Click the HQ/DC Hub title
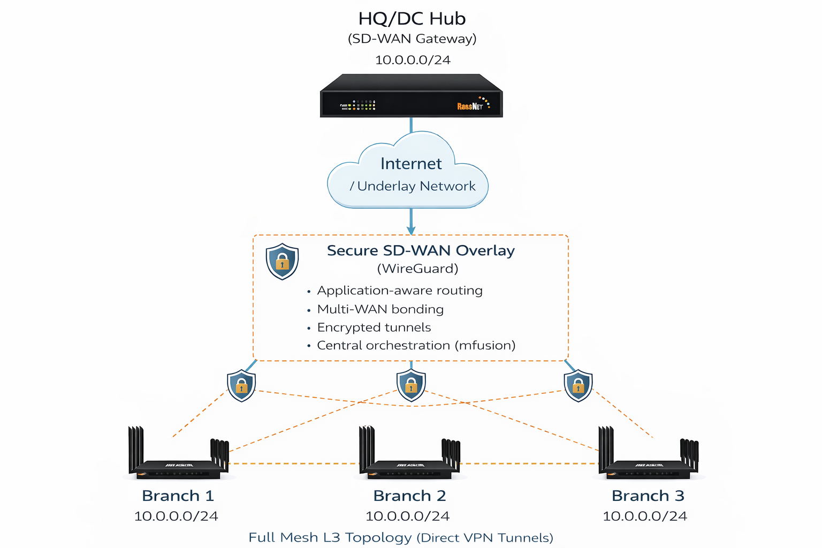coord(412,19)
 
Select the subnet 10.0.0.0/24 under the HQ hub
coord(413,60)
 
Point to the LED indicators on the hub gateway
coord(359,105)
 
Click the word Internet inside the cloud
coord(411,164)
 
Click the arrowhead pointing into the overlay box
coord(411,231)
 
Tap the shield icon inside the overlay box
coord(282,261)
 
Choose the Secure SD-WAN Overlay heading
coord(421,250)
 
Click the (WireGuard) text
coord(417,269)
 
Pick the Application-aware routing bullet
coord(400,291)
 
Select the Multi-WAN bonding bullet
coord(380,309)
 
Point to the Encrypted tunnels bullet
coord(374,328)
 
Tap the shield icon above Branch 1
coord(241,385)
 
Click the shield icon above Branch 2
coord(411,385)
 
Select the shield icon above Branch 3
coord(578,385)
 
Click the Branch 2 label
coord(409,496)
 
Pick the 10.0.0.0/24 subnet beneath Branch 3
coord(645,516)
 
